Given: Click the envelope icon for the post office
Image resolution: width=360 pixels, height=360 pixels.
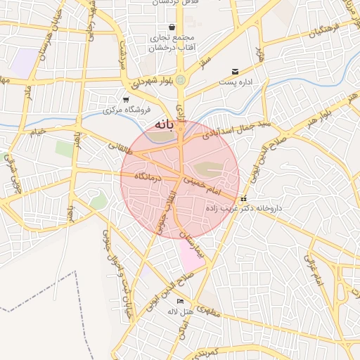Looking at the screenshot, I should pos(235,72).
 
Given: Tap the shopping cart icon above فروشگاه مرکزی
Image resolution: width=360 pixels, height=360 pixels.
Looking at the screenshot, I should pos(125,100).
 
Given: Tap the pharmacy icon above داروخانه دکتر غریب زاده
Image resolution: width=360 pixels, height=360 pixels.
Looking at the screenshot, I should pos(243,199).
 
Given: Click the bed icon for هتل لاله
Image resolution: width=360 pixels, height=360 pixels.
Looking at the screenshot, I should pos(180,301).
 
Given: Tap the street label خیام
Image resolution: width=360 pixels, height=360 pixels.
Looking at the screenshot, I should pos(37,131).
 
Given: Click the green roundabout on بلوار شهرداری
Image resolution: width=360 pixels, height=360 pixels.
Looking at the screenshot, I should pos(181,79).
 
